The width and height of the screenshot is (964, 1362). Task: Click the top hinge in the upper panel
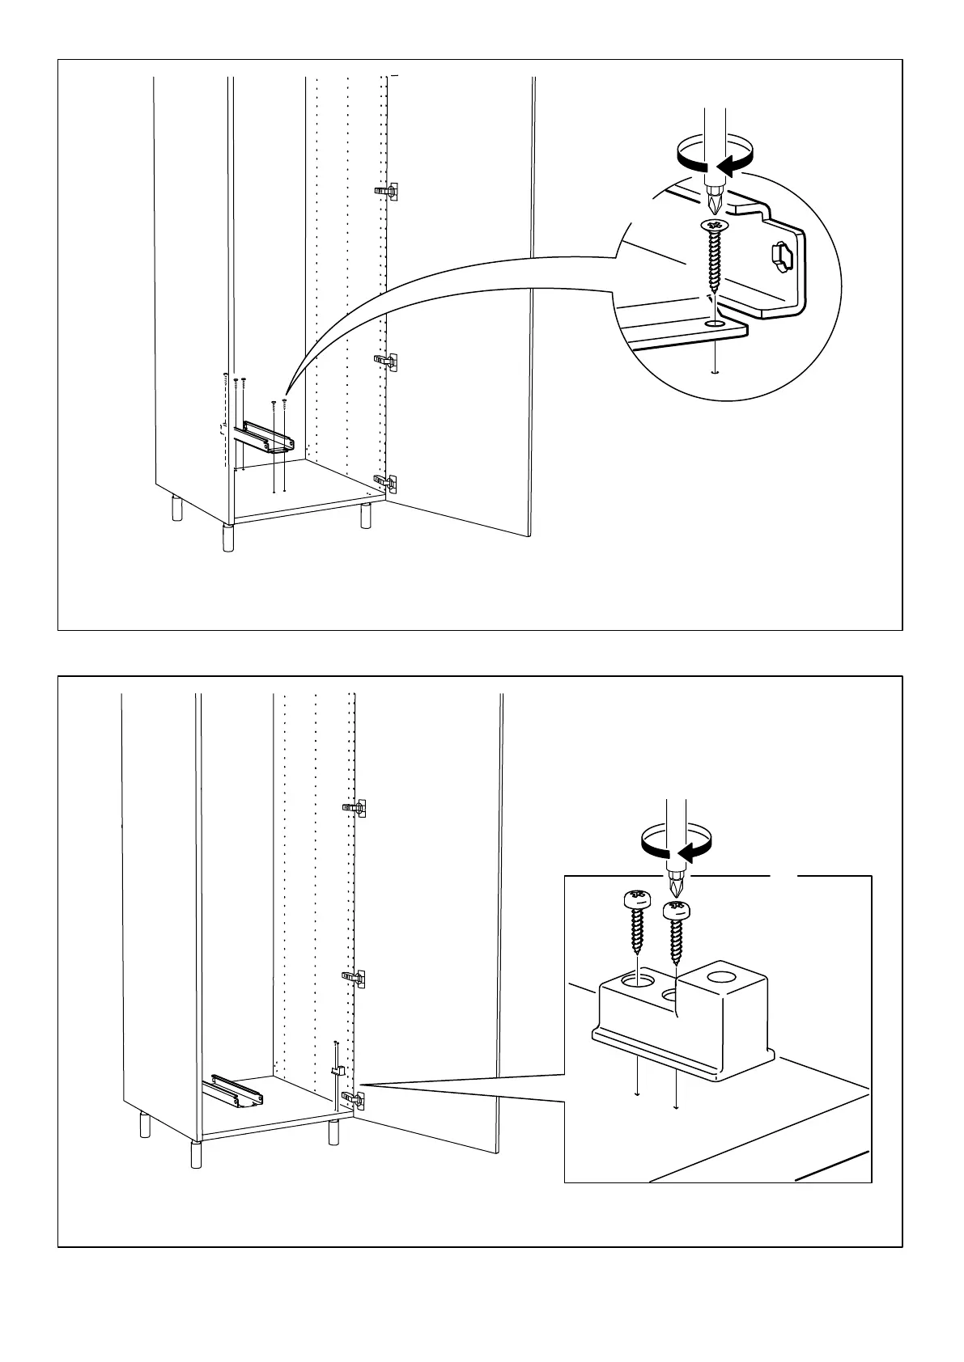pos(389,192)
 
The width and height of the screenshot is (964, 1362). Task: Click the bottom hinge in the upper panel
pos(387,483)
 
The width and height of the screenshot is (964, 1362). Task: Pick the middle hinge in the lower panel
pos(354,977)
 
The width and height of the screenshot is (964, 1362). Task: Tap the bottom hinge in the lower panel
pos(354,1098)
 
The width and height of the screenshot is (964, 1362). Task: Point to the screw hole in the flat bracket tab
pos(714,323)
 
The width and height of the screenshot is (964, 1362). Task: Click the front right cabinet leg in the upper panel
pos(366,515)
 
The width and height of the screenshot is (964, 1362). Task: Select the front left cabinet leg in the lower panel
pos(195,1154)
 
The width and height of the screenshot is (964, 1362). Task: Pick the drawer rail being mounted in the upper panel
pos(265,436)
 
